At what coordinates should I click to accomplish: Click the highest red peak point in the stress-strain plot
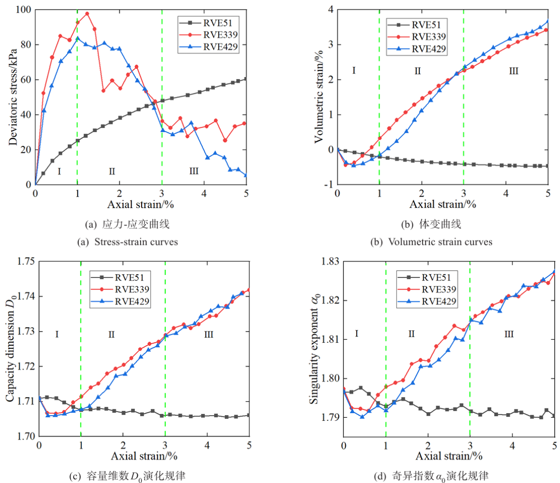pos(87,13)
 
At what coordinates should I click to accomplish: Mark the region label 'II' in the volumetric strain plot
pos(417,71)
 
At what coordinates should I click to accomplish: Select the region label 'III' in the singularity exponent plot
pos(509,334)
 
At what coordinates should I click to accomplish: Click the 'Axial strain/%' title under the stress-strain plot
pos(140,204)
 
